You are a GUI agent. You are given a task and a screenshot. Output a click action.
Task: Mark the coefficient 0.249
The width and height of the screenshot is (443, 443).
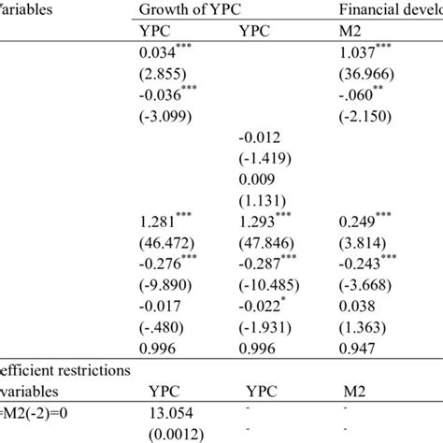[359, 223]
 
